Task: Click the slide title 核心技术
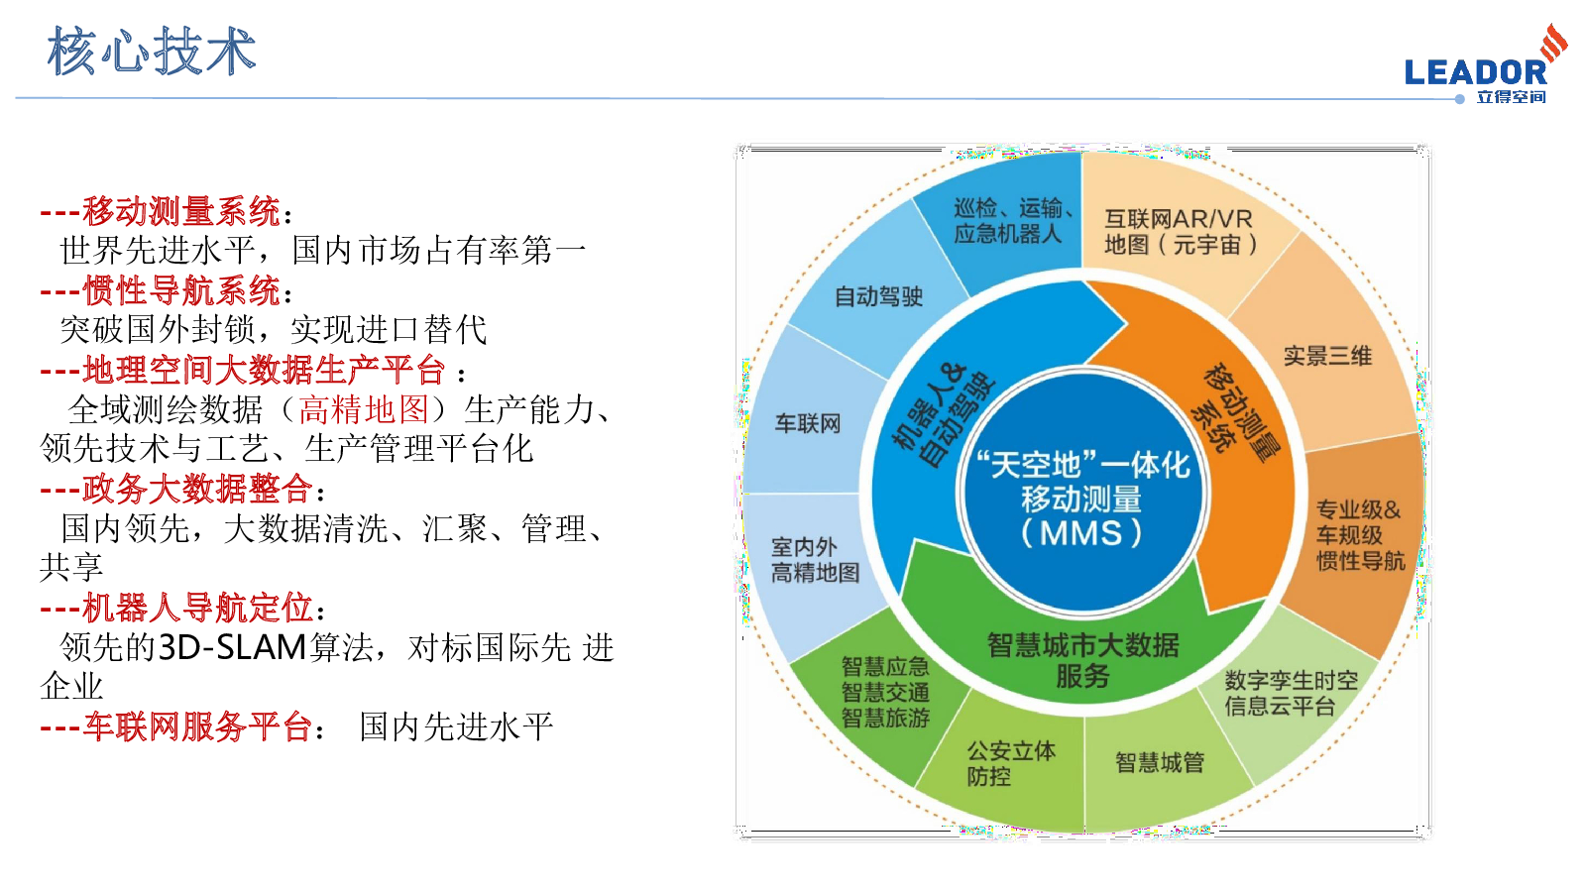coord(152,51)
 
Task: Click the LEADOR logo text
coord(1476,72)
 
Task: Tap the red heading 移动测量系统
coord(181,211)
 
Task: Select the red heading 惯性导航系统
coord(181,290)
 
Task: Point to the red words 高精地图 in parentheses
coord(364,409)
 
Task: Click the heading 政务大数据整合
coord(197,489)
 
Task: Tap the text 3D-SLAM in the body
coord(232,647)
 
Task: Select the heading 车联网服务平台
coord(197,726)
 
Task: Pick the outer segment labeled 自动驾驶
coord(878,296)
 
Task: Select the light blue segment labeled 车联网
coord(808,424)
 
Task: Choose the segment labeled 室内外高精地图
coord(815,560)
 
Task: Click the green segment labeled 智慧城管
coord(1160,762)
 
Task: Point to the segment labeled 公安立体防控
coord(1011,763)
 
